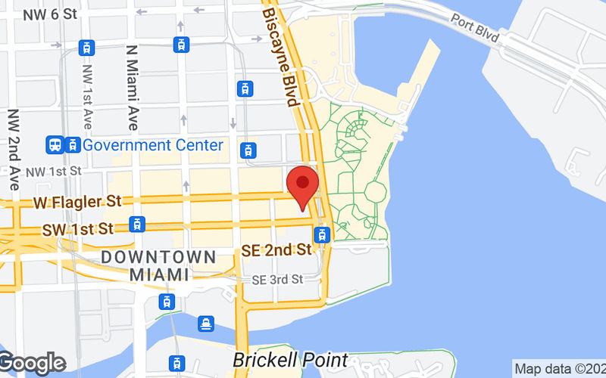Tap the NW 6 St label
point(50,14)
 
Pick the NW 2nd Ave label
point(14,148)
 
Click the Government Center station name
point(154,144)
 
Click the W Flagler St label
point(78,202)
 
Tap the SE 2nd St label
point(276,249)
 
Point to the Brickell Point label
point(290,360)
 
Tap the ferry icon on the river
point(206,324)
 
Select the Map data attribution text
point(559,369)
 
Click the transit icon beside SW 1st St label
point(136,224)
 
